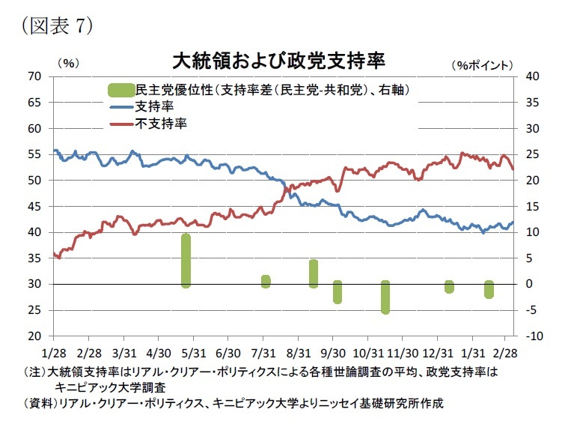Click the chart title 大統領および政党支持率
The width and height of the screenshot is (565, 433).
pos(279,60)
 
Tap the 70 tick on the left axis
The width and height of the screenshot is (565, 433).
pos(34,76)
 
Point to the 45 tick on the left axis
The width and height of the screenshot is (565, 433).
pos(34,207)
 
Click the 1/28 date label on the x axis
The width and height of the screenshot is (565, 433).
pos(54,351)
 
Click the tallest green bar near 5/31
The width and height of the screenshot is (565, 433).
pos(186,260)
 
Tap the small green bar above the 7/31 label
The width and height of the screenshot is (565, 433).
pos(265,281)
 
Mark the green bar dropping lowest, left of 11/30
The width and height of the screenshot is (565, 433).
pos(385,297)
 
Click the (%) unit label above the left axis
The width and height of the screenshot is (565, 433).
pos(68,64)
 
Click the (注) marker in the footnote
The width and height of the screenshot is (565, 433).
pos(35,372)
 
